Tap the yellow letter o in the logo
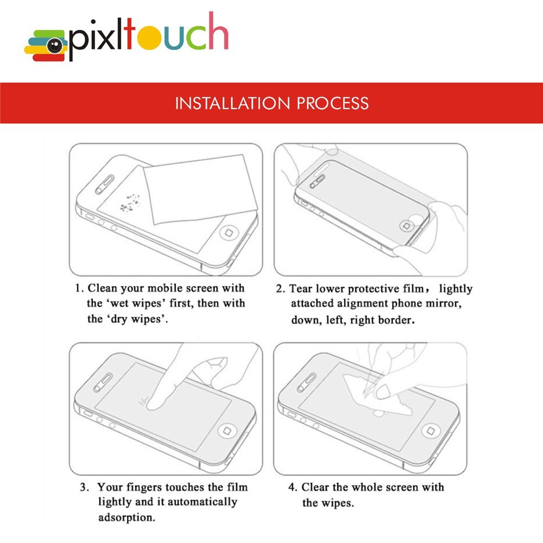pos(149,37)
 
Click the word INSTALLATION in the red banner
pos(232,103)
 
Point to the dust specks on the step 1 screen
pos(130,203)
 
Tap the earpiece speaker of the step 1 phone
pos(105,184)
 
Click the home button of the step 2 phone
pos(407,226)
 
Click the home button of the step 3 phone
pos(227,431)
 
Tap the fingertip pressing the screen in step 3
pos(154,401)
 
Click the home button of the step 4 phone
pos(431,431)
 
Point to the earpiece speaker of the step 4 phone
pos(307,382)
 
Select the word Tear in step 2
pos(300,289)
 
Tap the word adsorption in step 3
pos(127,517)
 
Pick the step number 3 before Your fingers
pos(84,487)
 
